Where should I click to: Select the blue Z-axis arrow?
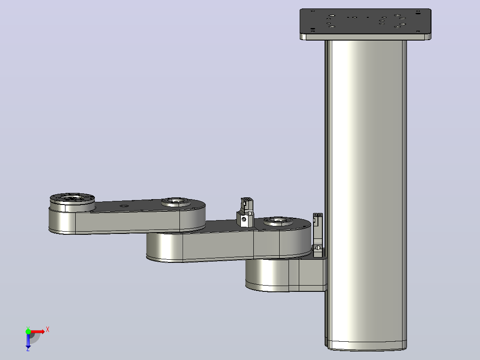pos(28,340)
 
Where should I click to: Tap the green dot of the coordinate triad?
pos(28,331)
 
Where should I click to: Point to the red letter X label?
pos(48,330)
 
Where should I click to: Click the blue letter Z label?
pos(28,349)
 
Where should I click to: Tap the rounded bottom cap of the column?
pos(366,346)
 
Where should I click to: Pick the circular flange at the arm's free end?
pos(72,202)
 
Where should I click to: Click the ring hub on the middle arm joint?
pos(176,202)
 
